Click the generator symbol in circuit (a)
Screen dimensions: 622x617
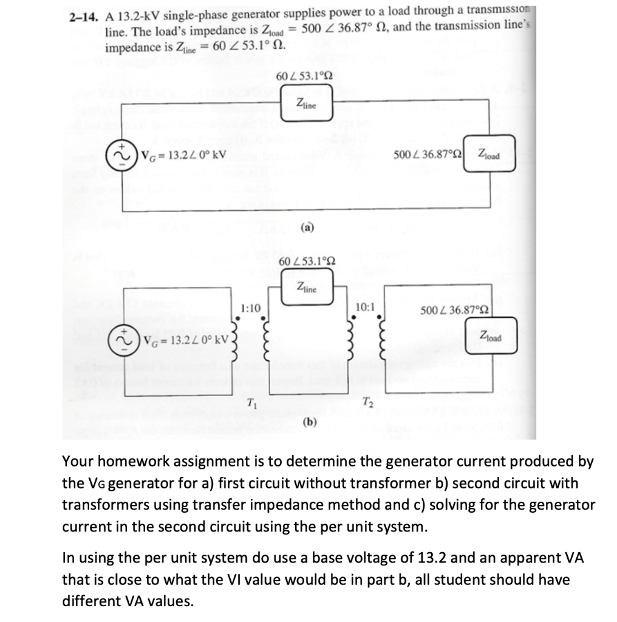pos(120,153)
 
